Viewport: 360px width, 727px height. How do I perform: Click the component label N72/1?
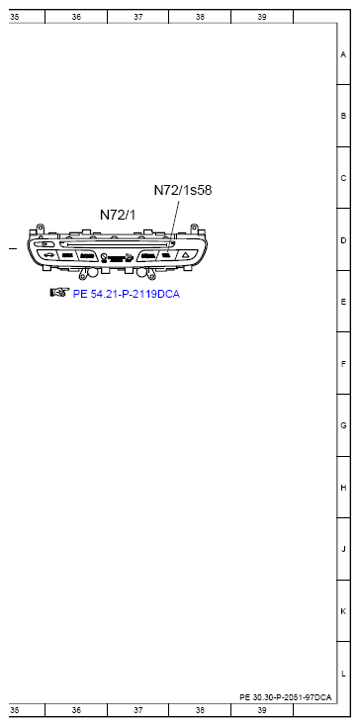[119, 214]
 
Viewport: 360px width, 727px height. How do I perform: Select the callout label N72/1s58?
[183, 190]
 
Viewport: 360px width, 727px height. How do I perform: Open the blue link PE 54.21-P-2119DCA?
[127, 294]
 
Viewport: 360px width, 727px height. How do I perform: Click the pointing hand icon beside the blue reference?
[59, 293]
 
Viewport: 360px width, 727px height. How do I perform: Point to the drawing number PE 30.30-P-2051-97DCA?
[285, 696]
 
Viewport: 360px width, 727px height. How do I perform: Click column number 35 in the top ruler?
[14, 17]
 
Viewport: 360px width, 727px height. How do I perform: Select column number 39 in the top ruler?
[262, 17]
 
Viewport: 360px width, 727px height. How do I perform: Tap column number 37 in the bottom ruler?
[137, 710]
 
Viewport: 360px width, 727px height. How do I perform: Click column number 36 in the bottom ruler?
[76, 710]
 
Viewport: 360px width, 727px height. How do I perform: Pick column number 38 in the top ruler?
[200, 17]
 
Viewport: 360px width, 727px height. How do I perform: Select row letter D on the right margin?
[342, 240]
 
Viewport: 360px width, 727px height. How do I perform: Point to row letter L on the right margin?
[342, 673]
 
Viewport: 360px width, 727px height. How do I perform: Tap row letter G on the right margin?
[342, 425]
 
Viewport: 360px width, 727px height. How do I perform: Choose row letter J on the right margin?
[342, 549]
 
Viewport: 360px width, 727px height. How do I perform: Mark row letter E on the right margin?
[342, 302]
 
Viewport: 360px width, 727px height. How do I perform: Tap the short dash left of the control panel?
[13, 247]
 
